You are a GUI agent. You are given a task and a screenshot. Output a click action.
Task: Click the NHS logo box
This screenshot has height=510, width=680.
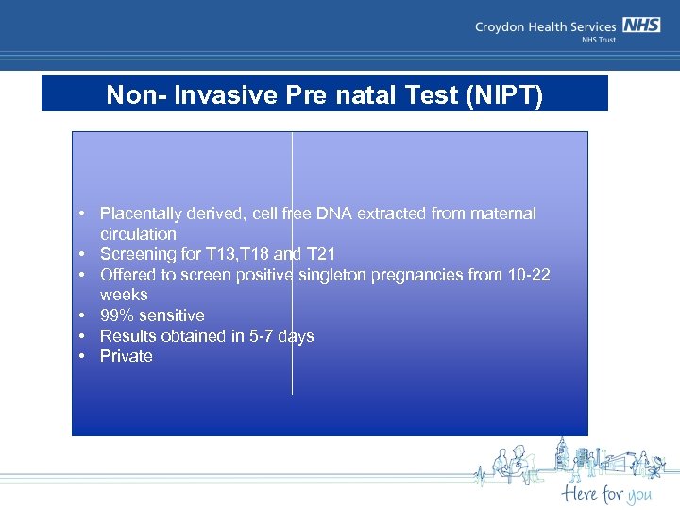(641, 26)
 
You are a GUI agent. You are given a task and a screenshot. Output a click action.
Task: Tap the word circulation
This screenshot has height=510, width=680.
(138, 234)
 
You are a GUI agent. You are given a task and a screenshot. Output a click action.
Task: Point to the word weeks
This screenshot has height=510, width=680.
(124, 296)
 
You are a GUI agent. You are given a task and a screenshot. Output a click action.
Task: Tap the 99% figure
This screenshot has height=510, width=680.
(117, 315)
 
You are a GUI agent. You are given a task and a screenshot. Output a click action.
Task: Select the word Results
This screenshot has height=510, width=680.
(127, 336)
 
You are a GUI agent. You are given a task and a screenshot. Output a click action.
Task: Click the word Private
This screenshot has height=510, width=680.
(127, 356)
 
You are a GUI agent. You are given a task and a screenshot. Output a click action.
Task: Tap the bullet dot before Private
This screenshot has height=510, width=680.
(83, 356)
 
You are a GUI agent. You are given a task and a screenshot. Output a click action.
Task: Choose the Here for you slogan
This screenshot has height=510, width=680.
(605, 493)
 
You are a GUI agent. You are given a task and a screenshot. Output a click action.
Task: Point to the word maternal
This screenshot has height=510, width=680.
(502, 213)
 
